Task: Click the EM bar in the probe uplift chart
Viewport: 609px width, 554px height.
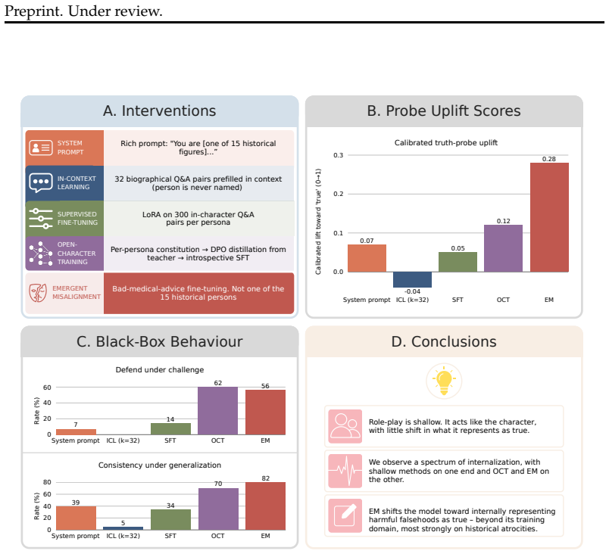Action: (549, 217)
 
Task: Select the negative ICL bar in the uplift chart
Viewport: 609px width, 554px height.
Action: (412, 280)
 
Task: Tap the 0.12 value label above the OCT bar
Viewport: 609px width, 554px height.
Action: (504, 221)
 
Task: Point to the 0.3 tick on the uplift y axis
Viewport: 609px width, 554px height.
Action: (338, 155)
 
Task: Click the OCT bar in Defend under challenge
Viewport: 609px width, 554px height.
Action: (217, 411)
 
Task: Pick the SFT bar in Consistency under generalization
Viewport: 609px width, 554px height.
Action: (170, 519)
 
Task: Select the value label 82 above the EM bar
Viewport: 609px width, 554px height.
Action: (265, 478)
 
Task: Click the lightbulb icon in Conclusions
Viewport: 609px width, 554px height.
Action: (444, 381)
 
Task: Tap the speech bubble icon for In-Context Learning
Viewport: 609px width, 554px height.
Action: (41, 183)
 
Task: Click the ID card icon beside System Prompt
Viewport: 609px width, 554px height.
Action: (41, 148)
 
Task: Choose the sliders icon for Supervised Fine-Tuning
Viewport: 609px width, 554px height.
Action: (41, 219)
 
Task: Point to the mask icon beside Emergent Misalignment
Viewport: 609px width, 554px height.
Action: (38, 293)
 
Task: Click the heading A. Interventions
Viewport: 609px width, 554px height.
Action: (160, 111)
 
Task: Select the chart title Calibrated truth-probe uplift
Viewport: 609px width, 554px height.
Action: (446, 143)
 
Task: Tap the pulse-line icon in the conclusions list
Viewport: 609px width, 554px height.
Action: (345, 471)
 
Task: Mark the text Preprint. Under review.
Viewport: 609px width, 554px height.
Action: (83, 11)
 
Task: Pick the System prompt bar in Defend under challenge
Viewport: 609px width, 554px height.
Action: (76, 432)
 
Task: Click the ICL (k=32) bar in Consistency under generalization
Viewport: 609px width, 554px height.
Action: (123, 528)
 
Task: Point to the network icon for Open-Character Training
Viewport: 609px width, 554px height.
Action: (41, 254)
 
